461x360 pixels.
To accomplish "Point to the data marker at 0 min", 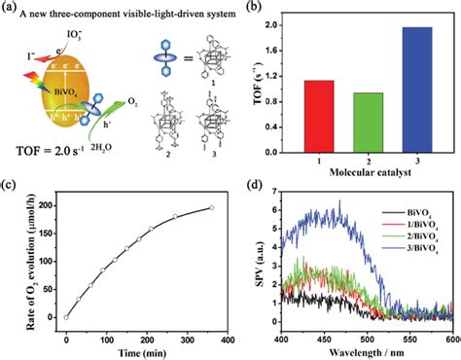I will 65,316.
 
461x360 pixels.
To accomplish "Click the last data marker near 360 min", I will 211,207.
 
